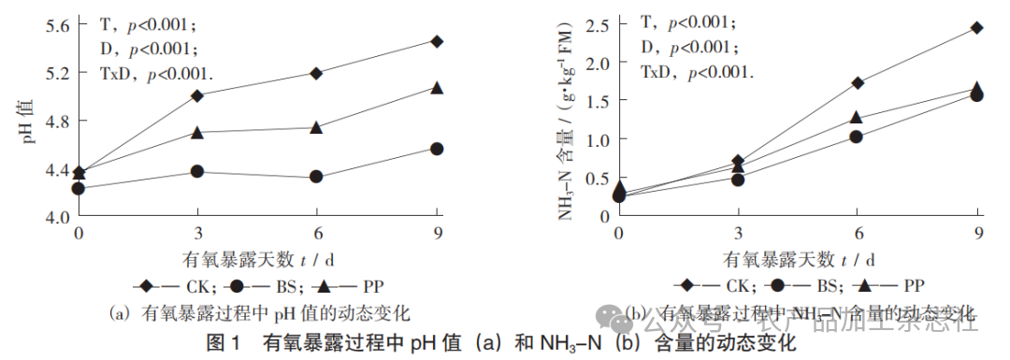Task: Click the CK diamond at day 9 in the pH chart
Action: [437, 41]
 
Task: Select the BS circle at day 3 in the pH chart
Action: [197, 171]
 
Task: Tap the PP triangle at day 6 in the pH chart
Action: [316, 126]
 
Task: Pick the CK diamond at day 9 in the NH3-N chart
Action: [976, 27]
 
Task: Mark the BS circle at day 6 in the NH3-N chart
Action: [857, 137]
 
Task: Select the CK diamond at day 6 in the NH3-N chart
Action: [857, 82]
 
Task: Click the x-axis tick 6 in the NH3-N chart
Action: [858, 232]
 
